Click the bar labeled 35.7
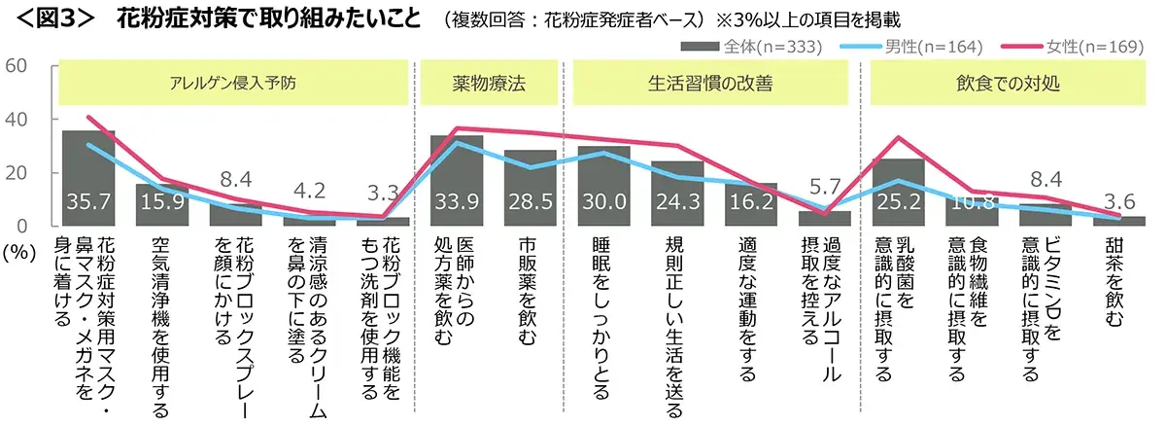pos(88,180)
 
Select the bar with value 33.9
pos(457,182)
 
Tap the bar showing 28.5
pos(530,189)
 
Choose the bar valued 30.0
pos(603,187)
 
